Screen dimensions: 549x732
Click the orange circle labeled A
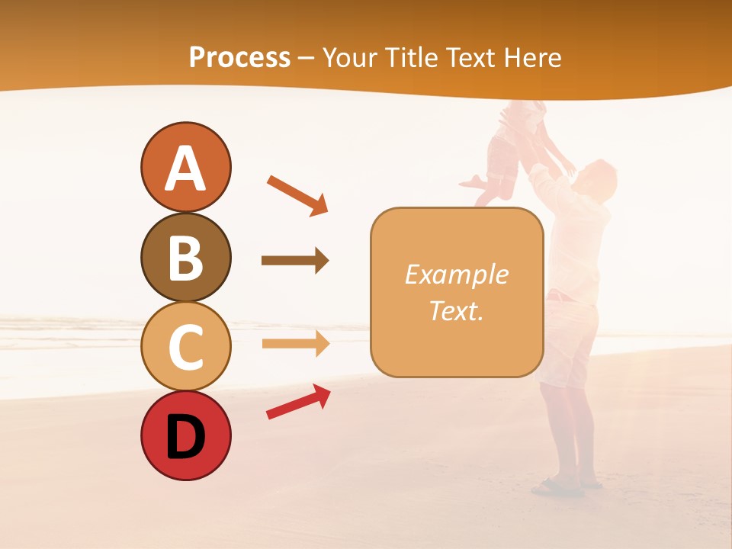pos(185,167)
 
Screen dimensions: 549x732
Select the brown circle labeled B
pos(185,257)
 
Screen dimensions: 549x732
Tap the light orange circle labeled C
pos(185,347)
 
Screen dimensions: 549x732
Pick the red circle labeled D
pos(185,436)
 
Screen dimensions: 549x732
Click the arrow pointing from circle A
pos(297,195)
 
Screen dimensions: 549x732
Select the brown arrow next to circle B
pos(295,261)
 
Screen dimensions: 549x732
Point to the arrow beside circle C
pos(295,344)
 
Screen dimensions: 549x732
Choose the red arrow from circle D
pos(298,402)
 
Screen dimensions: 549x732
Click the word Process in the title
pos(239,57)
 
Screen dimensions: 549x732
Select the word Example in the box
pos(456,274)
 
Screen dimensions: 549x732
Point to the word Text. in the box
pos(456,310)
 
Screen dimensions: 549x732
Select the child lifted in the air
pos(515,152)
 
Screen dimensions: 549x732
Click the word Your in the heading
pos(349,57)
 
